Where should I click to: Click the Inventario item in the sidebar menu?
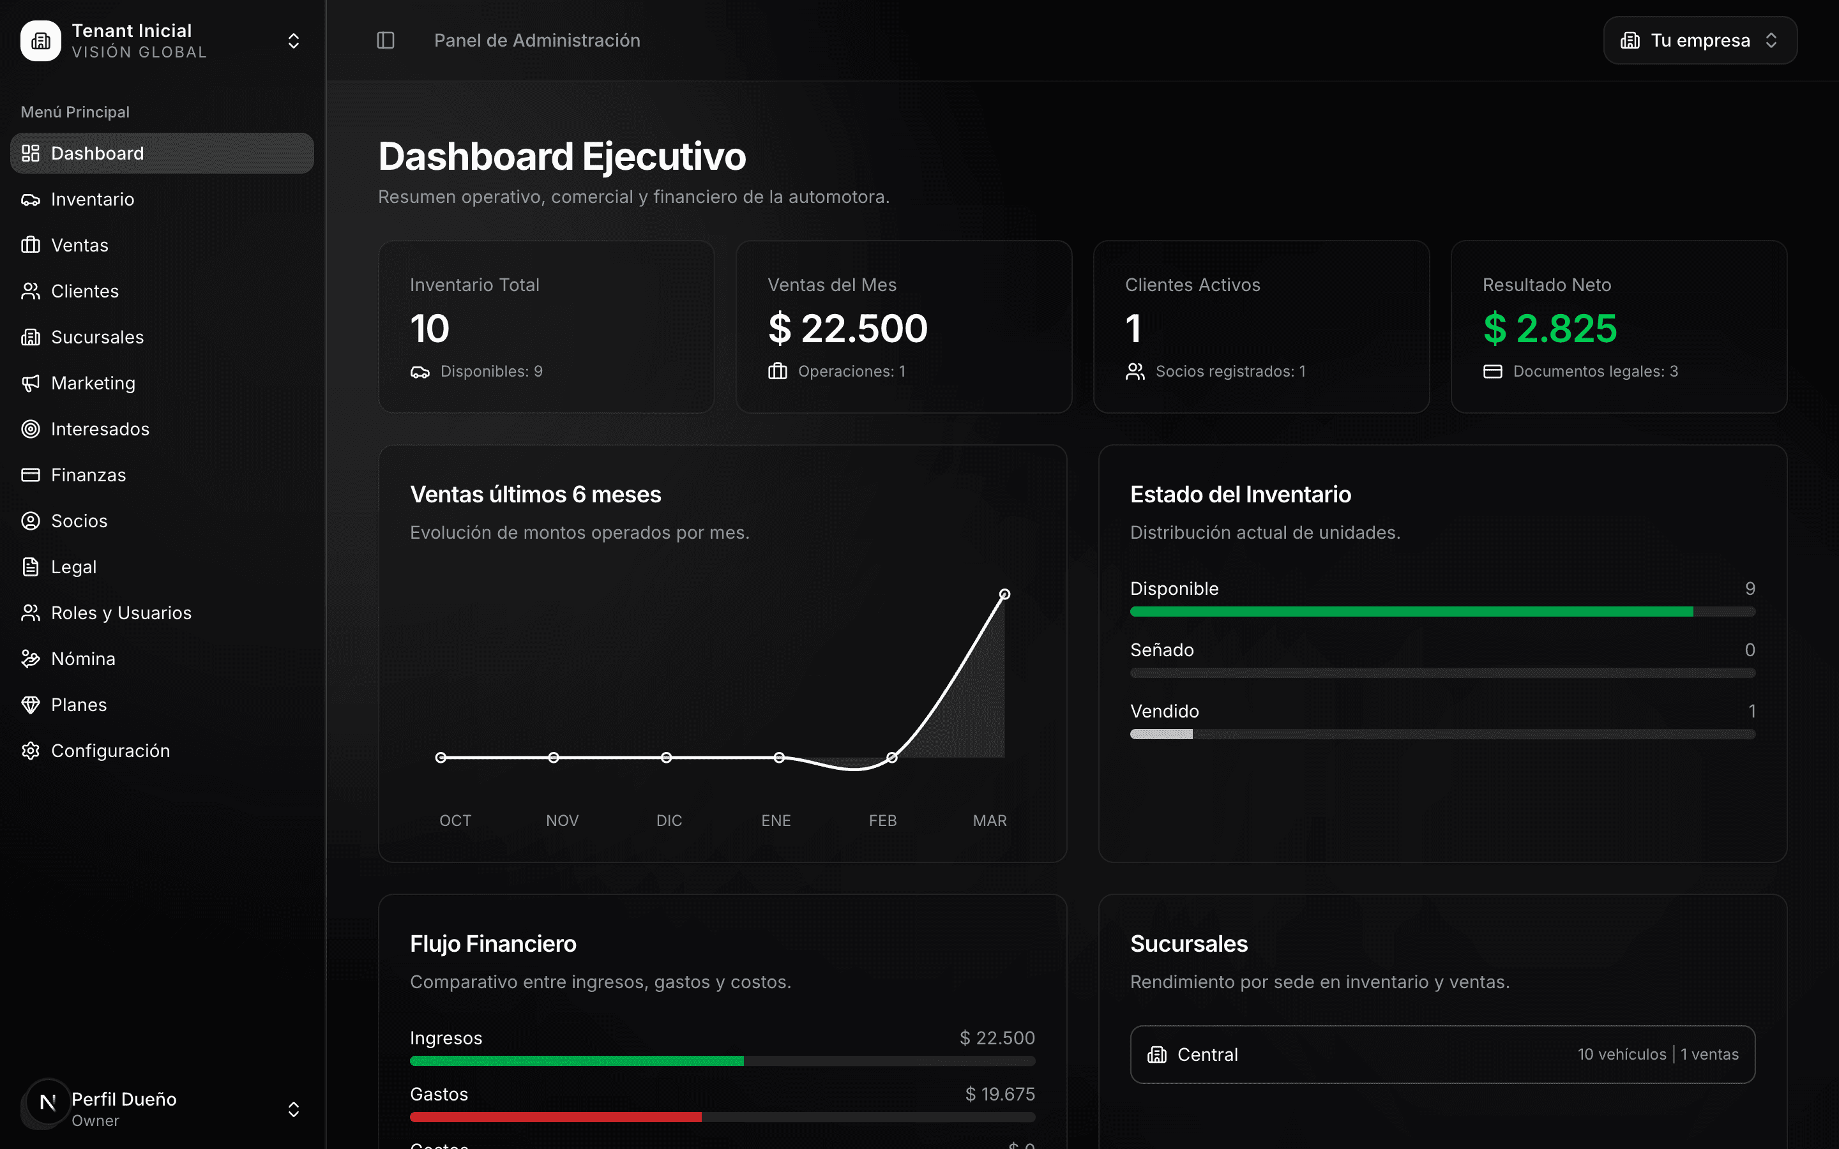[x=92, y=199]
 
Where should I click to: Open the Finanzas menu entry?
[x=88, y=475]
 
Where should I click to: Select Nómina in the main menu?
[x=83, y=659]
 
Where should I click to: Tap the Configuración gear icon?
[x=31, y=751]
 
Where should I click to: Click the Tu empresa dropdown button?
[x=1699, y=40]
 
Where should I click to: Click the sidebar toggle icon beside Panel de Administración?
[x=385, y=40]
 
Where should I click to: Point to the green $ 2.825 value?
[x=1550, y=328]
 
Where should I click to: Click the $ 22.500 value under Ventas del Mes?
[x=847, y=328]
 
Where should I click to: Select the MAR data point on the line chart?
[x=1004, y=594]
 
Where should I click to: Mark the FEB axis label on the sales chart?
[x=882, y=821]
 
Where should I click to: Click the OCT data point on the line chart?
[x=441, y=758]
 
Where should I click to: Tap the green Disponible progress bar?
[x=1411, y=612]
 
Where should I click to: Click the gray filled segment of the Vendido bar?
[x=1161, y=734]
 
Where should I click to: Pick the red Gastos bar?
[x=555, y=1117]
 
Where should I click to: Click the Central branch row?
[x=1442, y=1055]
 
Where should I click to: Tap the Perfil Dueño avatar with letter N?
[x=47, y=1102]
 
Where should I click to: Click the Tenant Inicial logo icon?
[x=40, y=41]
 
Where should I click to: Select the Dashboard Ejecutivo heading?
[x=561, y=156]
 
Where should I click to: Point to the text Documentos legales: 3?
[x=1594, y=372]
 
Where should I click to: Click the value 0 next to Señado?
[x=1750, y=650]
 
